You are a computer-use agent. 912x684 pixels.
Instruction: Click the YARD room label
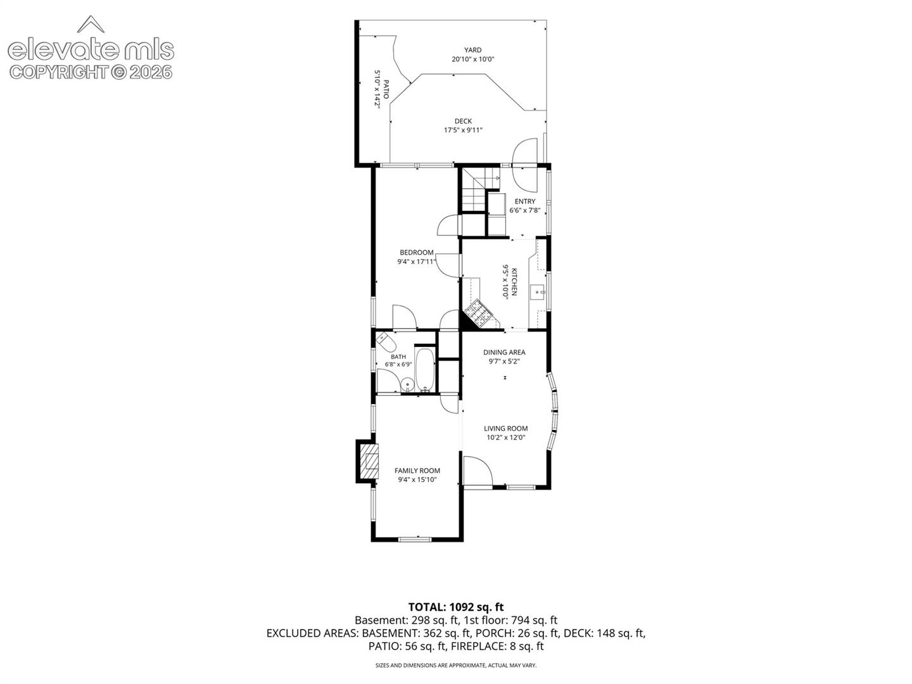tap(473, 50)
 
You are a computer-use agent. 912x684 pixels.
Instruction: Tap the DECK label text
tap(463, 121)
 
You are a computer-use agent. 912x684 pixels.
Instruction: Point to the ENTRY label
tap(525, 201)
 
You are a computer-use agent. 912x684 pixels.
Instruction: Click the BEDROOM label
tap(416, 253)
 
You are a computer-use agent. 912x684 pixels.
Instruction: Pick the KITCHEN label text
tap(514, 282)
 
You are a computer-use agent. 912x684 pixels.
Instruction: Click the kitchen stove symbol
tap(479, 313)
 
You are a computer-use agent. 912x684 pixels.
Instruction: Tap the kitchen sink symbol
tap(538, 293)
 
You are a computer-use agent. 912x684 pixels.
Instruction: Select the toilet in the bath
tap(386, 342)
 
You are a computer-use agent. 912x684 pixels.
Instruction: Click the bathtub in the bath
tap(424, 369)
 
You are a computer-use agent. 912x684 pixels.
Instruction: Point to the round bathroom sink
tap(408, 385)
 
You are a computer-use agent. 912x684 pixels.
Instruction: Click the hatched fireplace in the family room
tap(369, 462)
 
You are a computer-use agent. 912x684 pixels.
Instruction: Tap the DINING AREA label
tap(504, 352)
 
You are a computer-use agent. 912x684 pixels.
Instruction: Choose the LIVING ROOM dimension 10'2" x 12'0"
tap(506, 437)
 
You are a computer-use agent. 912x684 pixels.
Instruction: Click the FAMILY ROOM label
tap(417, 471)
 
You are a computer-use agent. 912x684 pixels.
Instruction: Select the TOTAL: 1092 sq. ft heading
tap(456, 607)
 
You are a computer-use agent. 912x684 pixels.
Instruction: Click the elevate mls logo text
tap(91, 51)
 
